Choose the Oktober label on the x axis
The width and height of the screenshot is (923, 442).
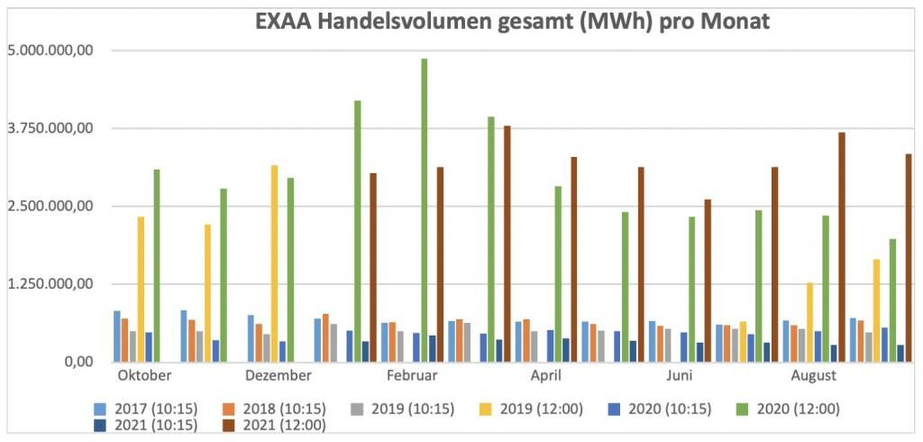(x=145, y=375)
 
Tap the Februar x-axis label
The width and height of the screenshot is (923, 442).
(x=412, y=375)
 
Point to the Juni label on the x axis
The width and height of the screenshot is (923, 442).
(x=680, y=375)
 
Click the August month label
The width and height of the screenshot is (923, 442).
(x=813, y=375)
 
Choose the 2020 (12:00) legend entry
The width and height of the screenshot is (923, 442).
(x=798, y=409)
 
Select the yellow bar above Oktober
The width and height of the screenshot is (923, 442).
(x=141, y=289)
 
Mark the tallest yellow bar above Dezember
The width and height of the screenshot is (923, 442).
(x=274, y=262)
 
